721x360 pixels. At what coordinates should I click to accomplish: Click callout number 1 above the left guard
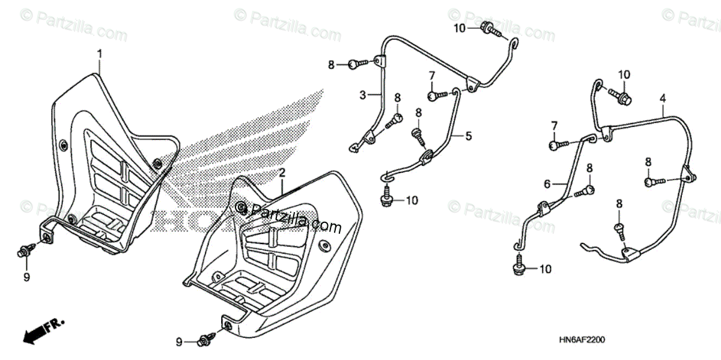click(x=100, y=54)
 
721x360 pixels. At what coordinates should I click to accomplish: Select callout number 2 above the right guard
click(x=281, y=172)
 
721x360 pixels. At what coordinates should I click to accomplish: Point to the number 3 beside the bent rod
click(x=363, y=95)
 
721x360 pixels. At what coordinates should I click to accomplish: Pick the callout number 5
click(x=469, y=136)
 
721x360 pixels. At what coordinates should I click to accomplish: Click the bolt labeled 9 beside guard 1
click(x=25, y=250)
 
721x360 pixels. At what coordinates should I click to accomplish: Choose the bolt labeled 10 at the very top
click(x=490, y=28)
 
